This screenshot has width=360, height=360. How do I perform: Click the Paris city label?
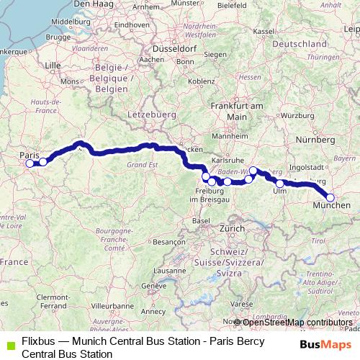[x=29, y=155]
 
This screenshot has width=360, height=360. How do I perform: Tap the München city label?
[x=331, y=206]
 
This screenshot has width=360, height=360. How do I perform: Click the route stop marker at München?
[x=330, y=197]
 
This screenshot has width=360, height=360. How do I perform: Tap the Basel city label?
[x=201, y=220]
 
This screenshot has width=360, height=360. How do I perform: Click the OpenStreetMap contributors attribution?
[x=297, y=322]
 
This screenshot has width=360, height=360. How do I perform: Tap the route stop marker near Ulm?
[x=280, y=184]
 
